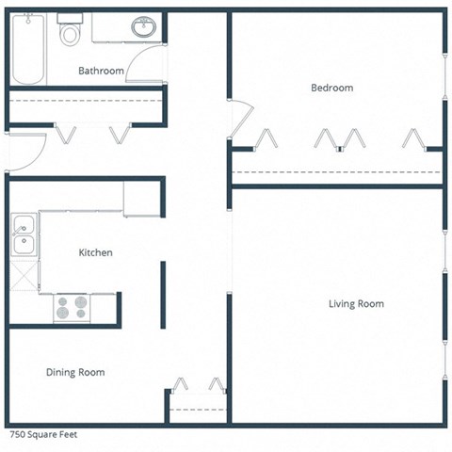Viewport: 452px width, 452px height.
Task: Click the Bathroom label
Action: coord(101,71)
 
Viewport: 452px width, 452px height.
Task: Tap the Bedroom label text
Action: coord(331,88)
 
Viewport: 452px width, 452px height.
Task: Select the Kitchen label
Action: coord(95,252)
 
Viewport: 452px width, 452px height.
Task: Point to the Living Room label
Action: coord(356,303)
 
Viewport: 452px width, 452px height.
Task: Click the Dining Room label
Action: coord(75,372)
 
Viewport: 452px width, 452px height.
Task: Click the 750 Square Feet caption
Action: coord(43,435)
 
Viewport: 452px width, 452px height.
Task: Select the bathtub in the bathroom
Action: coord(26,49)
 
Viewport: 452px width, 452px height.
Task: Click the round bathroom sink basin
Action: coord(144,27)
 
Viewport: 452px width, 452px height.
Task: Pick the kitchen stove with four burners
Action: coord(72,307)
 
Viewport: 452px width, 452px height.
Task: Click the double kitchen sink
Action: coord(24,235)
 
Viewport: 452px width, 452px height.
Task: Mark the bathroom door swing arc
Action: coord(143,62)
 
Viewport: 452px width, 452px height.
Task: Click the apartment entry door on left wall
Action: coord(26,151)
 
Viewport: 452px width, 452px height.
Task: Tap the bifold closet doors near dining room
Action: coord(198,385)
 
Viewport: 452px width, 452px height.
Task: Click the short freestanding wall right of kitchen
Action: coord(163,295)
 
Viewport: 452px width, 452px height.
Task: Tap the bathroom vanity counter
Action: coord(126,27)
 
